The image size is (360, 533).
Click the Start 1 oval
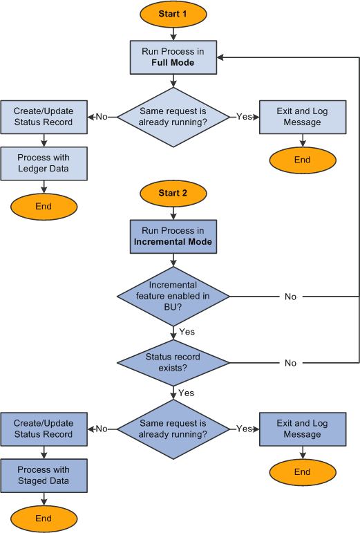(173, 14)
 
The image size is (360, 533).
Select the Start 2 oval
(173, 193)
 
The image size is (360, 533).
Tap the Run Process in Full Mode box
(173, 57)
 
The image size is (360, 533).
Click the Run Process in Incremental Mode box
(173, 237)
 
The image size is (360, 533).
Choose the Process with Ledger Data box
(44, 163)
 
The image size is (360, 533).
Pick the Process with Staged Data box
(44, 476)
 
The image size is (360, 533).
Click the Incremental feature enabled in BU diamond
(173, 296)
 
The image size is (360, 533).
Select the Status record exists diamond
(173, 362)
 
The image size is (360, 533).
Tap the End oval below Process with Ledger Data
(44, 206)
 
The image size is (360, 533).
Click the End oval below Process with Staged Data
(44, 518)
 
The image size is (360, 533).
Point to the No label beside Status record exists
(290, 363)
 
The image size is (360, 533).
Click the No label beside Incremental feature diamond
(290, 297)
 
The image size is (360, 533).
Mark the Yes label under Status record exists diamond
(187, 393)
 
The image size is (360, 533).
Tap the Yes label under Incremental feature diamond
(187, 332)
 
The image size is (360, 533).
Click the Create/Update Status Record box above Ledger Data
(44, 117)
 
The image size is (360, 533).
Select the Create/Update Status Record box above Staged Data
(44, 429)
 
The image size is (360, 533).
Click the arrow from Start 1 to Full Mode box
(173, 32)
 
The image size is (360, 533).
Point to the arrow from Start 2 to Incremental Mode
(173, 212)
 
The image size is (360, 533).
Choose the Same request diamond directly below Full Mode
(173, 117)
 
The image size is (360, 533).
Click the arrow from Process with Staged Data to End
(44, 499)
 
